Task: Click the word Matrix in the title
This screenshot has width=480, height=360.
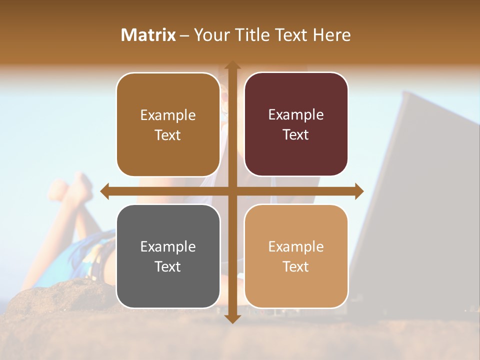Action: tap(148, 35)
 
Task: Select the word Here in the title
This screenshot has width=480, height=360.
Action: tap(332, 35)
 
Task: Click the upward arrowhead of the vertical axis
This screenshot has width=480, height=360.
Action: tap(232, 65)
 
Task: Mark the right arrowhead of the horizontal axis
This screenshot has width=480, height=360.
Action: tap(359, 191)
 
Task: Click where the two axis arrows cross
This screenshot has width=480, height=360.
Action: tap(232, 191)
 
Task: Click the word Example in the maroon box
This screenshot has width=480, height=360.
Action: tap(296, 115)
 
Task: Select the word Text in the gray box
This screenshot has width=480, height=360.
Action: tap(168, 266)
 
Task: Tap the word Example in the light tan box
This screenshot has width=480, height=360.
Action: tap(296, 246)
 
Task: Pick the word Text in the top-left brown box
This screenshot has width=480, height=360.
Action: tap(168, 135)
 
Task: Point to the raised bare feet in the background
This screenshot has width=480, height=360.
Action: tap(72, 187)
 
